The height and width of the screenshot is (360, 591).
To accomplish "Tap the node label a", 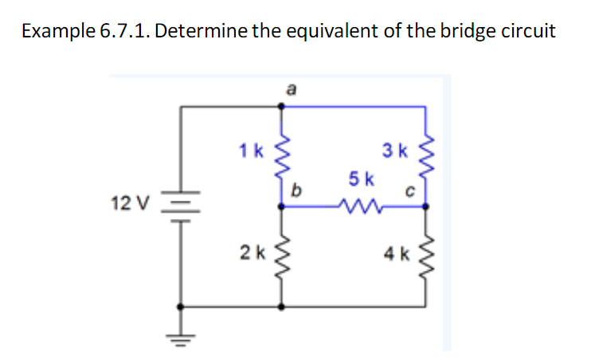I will [x=292, y=90].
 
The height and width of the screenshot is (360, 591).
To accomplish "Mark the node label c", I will [x=411, y=191].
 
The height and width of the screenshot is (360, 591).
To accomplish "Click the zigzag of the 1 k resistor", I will [x=280, y=160].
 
